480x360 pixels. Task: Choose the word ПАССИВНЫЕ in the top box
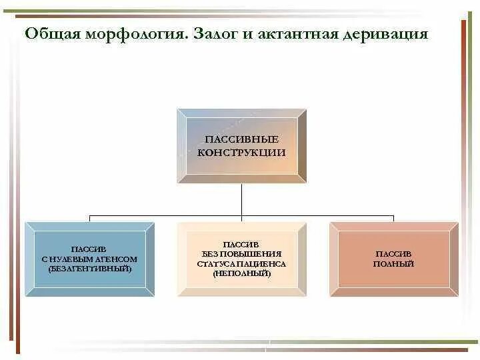coord(241,140)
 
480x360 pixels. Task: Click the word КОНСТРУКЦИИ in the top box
coord(241,152)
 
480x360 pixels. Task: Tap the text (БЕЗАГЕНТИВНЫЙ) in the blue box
coord(90,268)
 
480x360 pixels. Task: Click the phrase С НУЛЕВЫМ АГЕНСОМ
coord(90,259)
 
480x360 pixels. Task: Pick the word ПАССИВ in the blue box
coord(90,249)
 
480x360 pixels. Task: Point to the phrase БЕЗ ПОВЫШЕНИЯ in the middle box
coord(241,254)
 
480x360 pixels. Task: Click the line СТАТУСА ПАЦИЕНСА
coord(241,264)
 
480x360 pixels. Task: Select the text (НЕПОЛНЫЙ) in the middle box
coord(241,273)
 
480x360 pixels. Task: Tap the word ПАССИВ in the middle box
coord(241,245)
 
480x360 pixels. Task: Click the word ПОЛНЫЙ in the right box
coord(393,264)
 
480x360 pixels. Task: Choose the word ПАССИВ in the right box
coord(393,254)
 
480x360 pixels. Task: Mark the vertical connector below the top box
coord(241,200)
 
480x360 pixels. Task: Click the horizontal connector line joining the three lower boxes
coord(167,216)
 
